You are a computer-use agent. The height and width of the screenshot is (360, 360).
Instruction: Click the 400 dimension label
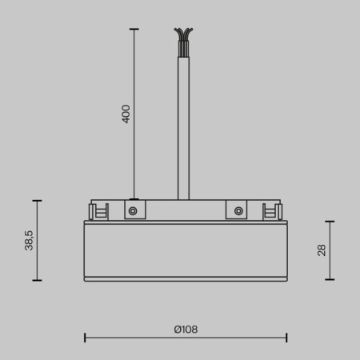[x=126, y=114]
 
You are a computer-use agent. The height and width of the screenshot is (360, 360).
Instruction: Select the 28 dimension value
[x=322, y=250]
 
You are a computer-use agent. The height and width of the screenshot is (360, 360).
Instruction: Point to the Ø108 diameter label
[x=186, y=329]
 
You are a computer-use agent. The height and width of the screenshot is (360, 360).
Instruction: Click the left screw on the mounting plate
[x=133, y=211]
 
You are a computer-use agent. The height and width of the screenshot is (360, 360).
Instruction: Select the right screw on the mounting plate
[x=238, y=211]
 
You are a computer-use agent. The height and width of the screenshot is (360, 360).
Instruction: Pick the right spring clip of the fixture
[x=273, y=211]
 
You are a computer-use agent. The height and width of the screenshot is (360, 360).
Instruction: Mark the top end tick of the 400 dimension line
[x=134, y=29]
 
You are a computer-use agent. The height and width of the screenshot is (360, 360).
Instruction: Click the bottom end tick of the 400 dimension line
[x=134, y=199]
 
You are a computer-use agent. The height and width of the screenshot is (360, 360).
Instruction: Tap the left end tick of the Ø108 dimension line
[x=85, y=338]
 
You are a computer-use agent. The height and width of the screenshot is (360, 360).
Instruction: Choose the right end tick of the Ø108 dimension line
[x=286, y=338]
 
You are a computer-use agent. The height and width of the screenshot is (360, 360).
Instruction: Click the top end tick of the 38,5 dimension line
[x=37, y=200]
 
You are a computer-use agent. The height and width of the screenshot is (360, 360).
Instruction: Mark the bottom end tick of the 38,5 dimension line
[x=37, y=280]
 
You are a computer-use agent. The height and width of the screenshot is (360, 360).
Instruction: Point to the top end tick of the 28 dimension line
[x=330, y=222]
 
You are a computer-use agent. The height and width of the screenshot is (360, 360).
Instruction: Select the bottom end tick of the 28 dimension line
[x=330, y=279]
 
